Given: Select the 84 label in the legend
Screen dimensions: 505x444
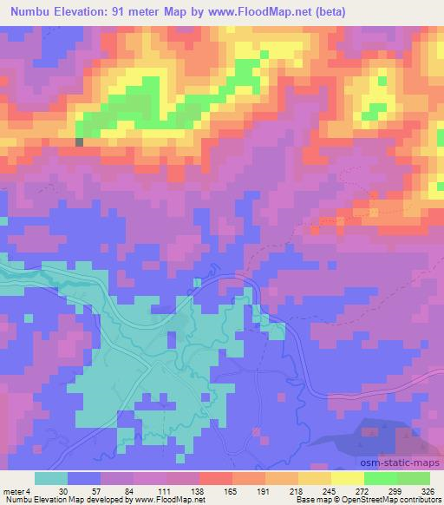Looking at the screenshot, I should pos(130,490).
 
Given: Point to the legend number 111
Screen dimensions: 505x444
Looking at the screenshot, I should pos(163,490).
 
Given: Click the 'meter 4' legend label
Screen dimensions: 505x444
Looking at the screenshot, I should pos(15,490).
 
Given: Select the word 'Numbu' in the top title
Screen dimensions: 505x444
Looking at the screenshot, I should pos(25,10).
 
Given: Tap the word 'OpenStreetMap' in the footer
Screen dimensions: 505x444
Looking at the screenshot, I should pos(380,500).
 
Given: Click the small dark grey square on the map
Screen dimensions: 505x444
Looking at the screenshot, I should pos(80,142).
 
